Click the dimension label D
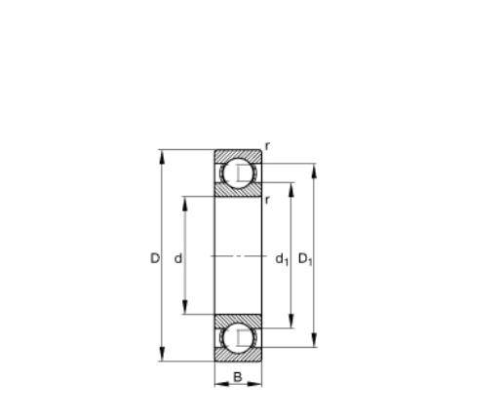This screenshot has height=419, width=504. (x=155, y=258)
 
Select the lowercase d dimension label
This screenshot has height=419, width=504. (x=178, y=258)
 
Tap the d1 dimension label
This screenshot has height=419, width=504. (x=282, y=259)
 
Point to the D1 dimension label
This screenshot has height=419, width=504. (x=305, y=259)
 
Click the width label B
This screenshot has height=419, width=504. (x=238, y=377)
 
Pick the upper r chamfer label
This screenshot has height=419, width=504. (x=267, y=147)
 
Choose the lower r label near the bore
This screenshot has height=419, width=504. (x=267, y=200)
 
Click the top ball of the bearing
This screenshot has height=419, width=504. (x=238, y=173)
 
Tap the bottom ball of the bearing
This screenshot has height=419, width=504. (x=238, y=338)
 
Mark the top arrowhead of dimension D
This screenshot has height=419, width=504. (x=162, y=157)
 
